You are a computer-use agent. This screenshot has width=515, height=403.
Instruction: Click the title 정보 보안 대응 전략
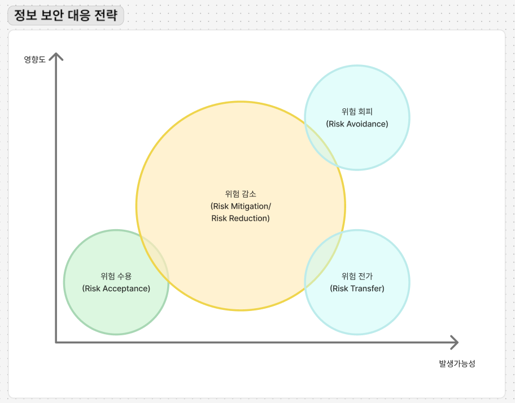(x=66, y=15)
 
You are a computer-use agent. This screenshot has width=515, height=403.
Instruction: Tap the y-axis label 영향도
(x=34, y=59)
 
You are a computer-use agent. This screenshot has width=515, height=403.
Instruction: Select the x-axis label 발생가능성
(x=457, y=363)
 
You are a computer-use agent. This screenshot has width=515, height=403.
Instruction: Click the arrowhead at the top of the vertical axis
(x=56, y=56)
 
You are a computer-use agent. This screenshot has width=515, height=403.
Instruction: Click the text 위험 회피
(x=357, y=111)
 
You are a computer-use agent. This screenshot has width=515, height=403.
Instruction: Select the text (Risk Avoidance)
(x=357, y=124)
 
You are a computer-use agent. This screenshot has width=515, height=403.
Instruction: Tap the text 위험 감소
(x=241, y=194)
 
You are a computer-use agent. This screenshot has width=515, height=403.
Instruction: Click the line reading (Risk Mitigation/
(x=241, y=206)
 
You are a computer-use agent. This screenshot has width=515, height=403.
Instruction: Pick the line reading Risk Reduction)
(x=241, y=218)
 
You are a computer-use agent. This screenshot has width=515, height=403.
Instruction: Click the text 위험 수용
(x=116, y=276)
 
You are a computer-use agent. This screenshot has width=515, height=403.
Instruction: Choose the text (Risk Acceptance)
(x=116, y=288)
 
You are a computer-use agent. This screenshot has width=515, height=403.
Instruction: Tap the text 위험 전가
(x=357, y=276)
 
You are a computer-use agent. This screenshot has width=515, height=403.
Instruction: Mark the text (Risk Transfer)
(x=357, y=288)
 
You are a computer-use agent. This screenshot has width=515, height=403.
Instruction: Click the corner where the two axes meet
(x=56, y=341)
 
